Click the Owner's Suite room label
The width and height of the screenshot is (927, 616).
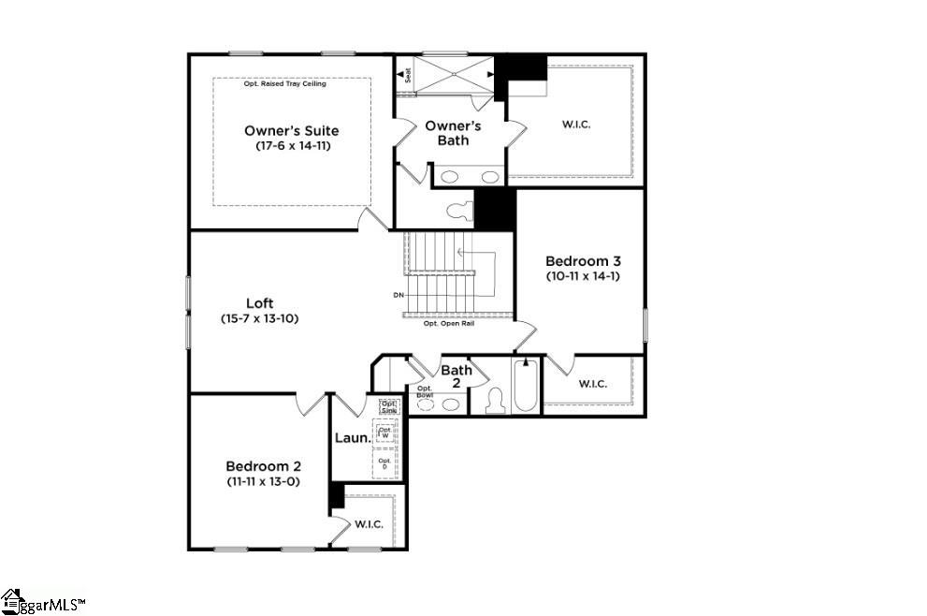tap(291, 131)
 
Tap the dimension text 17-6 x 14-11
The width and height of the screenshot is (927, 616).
tap(292, 146)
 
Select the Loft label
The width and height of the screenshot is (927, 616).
tap(259, 303)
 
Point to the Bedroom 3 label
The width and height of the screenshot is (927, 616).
tap(582, 261)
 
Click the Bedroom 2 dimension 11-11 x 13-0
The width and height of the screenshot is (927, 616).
tap(262, 481)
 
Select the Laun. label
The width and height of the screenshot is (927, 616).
tap(350, 438)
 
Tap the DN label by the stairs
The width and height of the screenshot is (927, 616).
tap(398, 296)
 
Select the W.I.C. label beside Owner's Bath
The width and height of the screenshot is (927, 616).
tap(575, 125)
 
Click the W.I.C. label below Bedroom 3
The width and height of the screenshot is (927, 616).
tap(592, 384)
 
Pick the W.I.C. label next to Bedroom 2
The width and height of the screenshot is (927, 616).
tap(369, 524)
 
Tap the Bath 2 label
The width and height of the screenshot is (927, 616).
tap(456, 376)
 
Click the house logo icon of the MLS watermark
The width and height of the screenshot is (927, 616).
tap(12, 601)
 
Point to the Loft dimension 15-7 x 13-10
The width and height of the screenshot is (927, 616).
tap(259, 318)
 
